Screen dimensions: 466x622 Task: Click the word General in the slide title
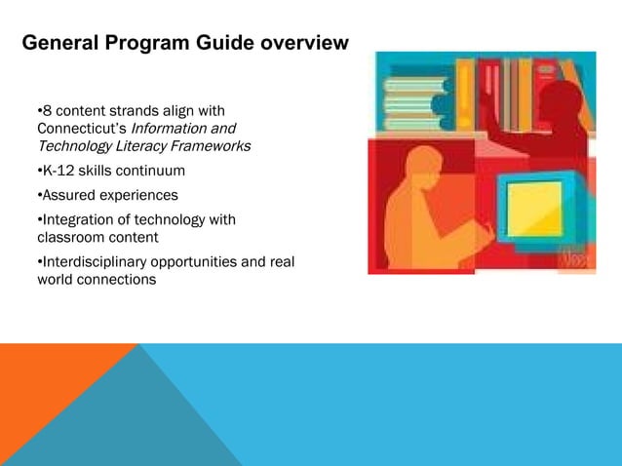point(61,44)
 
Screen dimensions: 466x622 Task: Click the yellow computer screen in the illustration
point(534,209)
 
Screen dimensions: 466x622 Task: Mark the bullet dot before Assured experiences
point(38,195)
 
